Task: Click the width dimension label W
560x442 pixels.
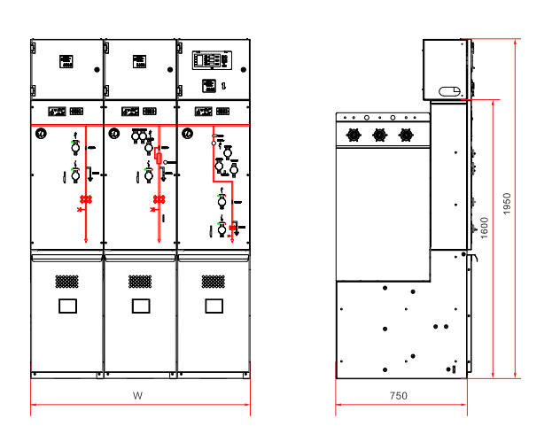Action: pos(137,396)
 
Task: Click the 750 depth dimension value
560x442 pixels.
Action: pos(398,396)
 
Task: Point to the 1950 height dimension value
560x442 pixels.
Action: pos(507,204)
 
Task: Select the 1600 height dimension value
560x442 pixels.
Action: pos(485,228)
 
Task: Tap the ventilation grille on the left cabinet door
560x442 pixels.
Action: pos(66,282)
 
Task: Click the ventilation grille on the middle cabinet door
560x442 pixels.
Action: pos(140,282)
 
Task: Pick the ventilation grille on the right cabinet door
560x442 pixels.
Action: pos(214,282)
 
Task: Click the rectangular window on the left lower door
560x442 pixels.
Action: pos(67,306)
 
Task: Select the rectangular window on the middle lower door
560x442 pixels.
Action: pos(141,306)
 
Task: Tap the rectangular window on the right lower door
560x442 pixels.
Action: pos(214,306)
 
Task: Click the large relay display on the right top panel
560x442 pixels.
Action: pos(212,60)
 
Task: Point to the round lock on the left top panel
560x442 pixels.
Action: pos(97,70)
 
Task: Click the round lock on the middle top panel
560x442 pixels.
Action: pos(170,70)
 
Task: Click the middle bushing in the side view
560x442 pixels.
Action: pos(379,135)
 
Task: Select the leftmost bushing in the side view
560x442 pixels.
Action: pos(354,135)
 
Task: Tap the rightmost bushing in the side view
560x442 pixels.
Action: pos(405,135)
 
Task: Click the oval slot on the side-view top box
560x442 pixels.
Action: pos(449,91)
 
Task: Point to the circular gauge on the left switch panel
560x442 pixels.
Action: pos(41,134)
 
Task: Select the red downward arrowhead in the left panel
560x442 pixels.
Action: pos(86,240)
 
